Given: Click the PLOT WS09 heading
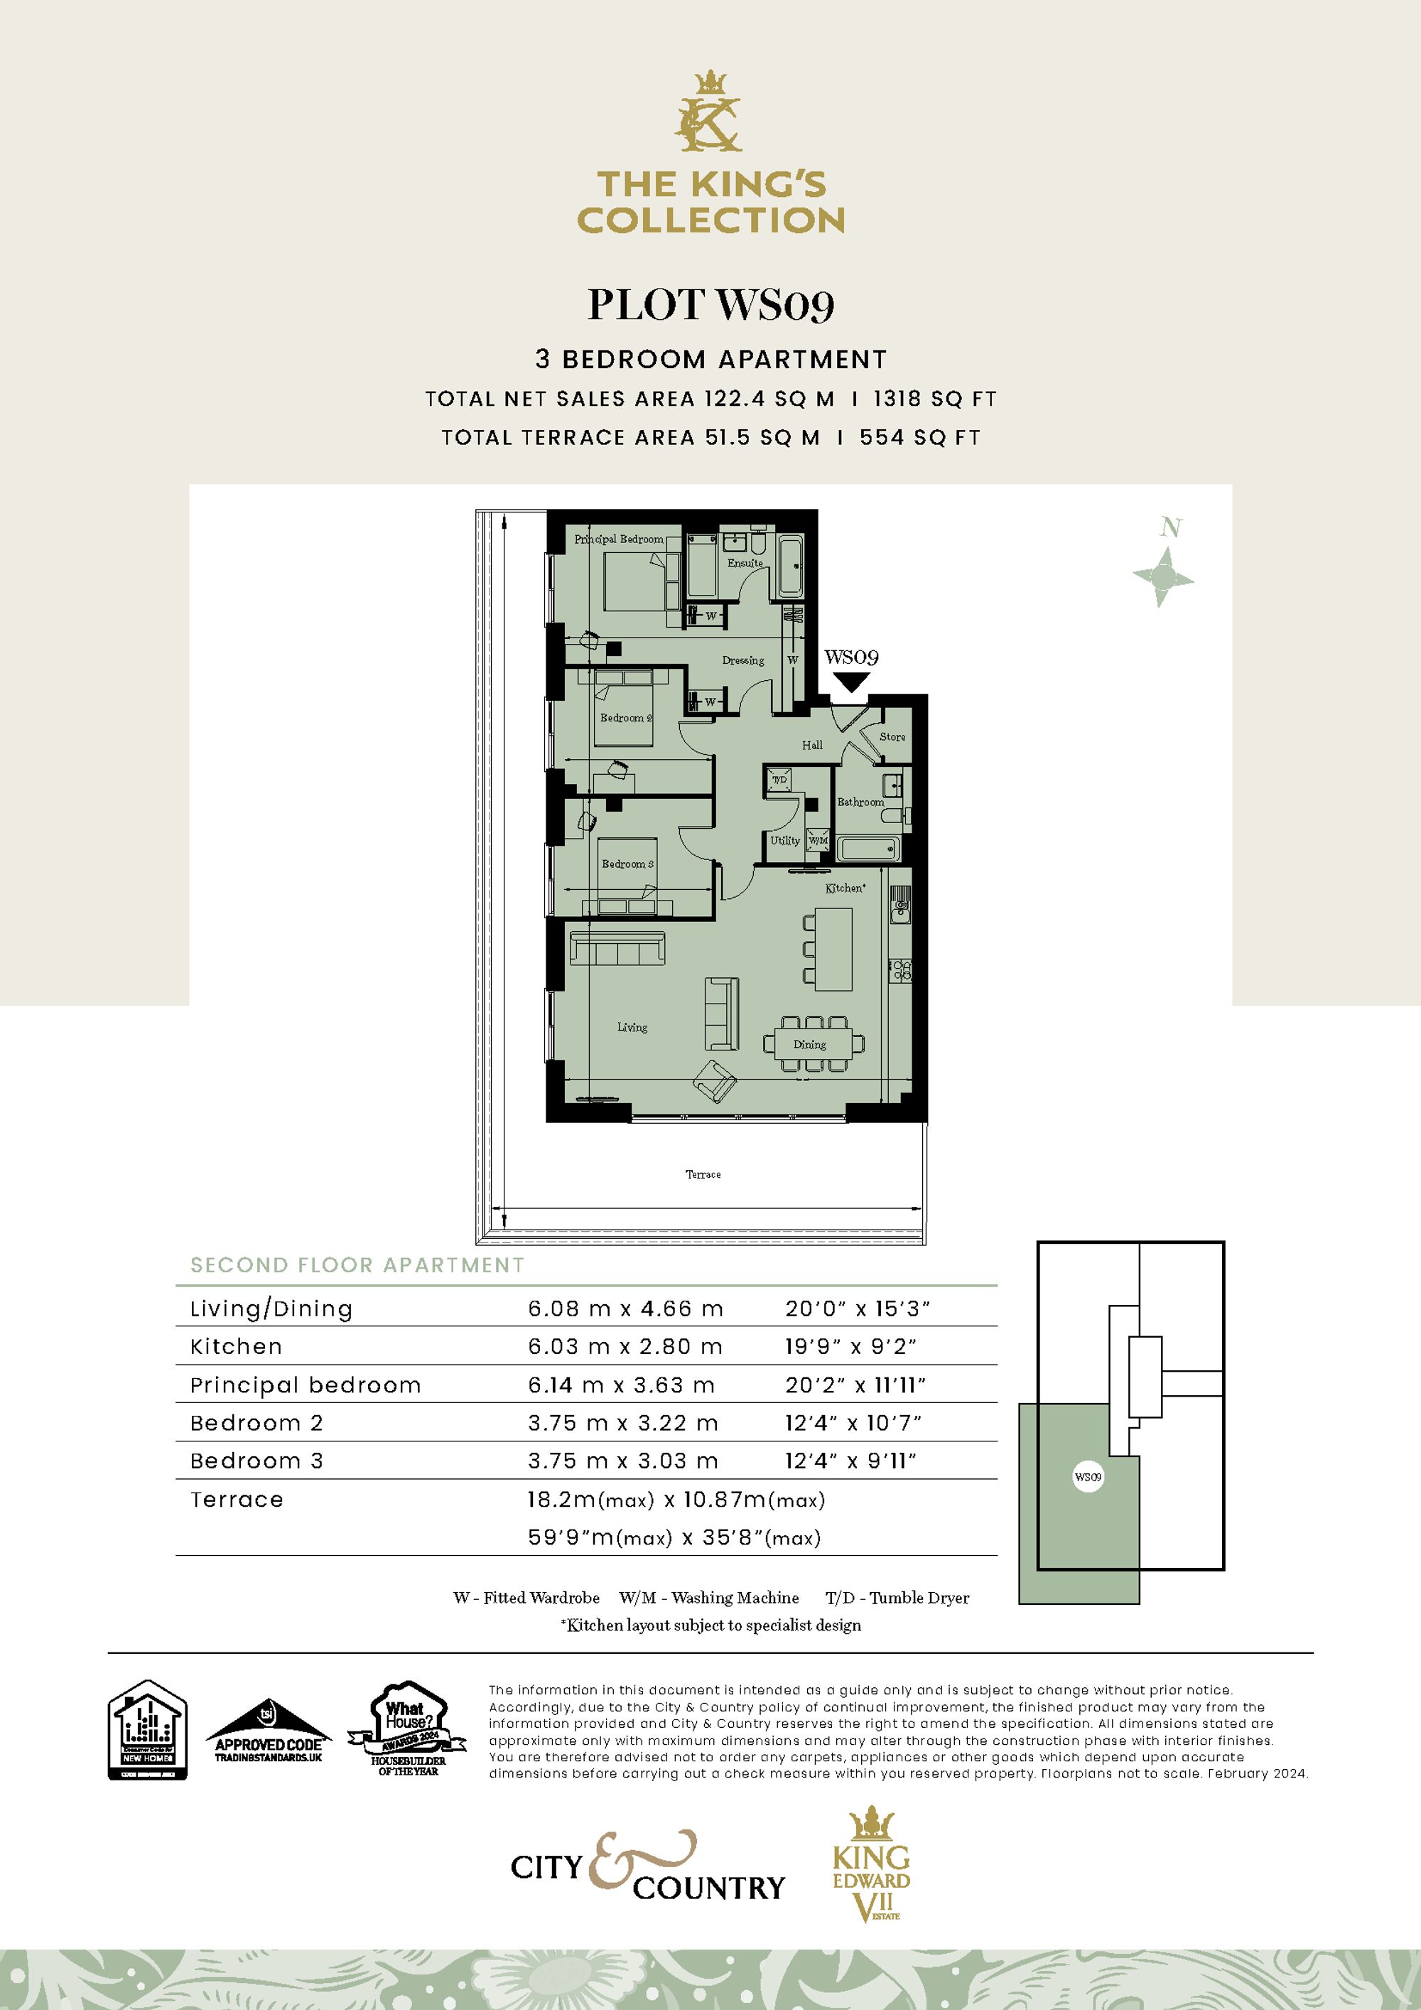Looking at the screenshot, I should pos(710,305).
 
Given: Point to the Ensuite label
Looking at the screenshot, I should pos(745,563).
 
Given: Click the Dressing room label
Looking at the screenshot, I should pos(743,660).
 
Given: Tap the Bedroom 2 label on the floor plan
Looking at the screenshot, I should pos(626,718).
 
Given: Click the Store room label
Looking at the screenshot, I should pos(892,736).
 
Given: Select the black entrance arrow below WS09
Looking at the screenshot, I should pos(850,681).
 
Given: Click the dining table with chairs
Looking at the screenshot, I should pos(814,1043).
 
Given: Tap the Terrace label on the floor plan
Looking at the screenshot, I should pos(703,1174).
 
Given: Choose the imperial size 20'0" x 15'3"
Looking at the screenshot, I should pos(857,1308).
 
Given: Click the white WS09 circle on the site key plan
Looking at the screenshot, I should pos(1088,1477).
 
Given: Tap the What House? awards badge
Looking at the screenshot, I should pos(408,1730).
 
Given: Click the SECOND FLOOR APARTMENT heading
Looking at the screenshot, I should pos(357,1265).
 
